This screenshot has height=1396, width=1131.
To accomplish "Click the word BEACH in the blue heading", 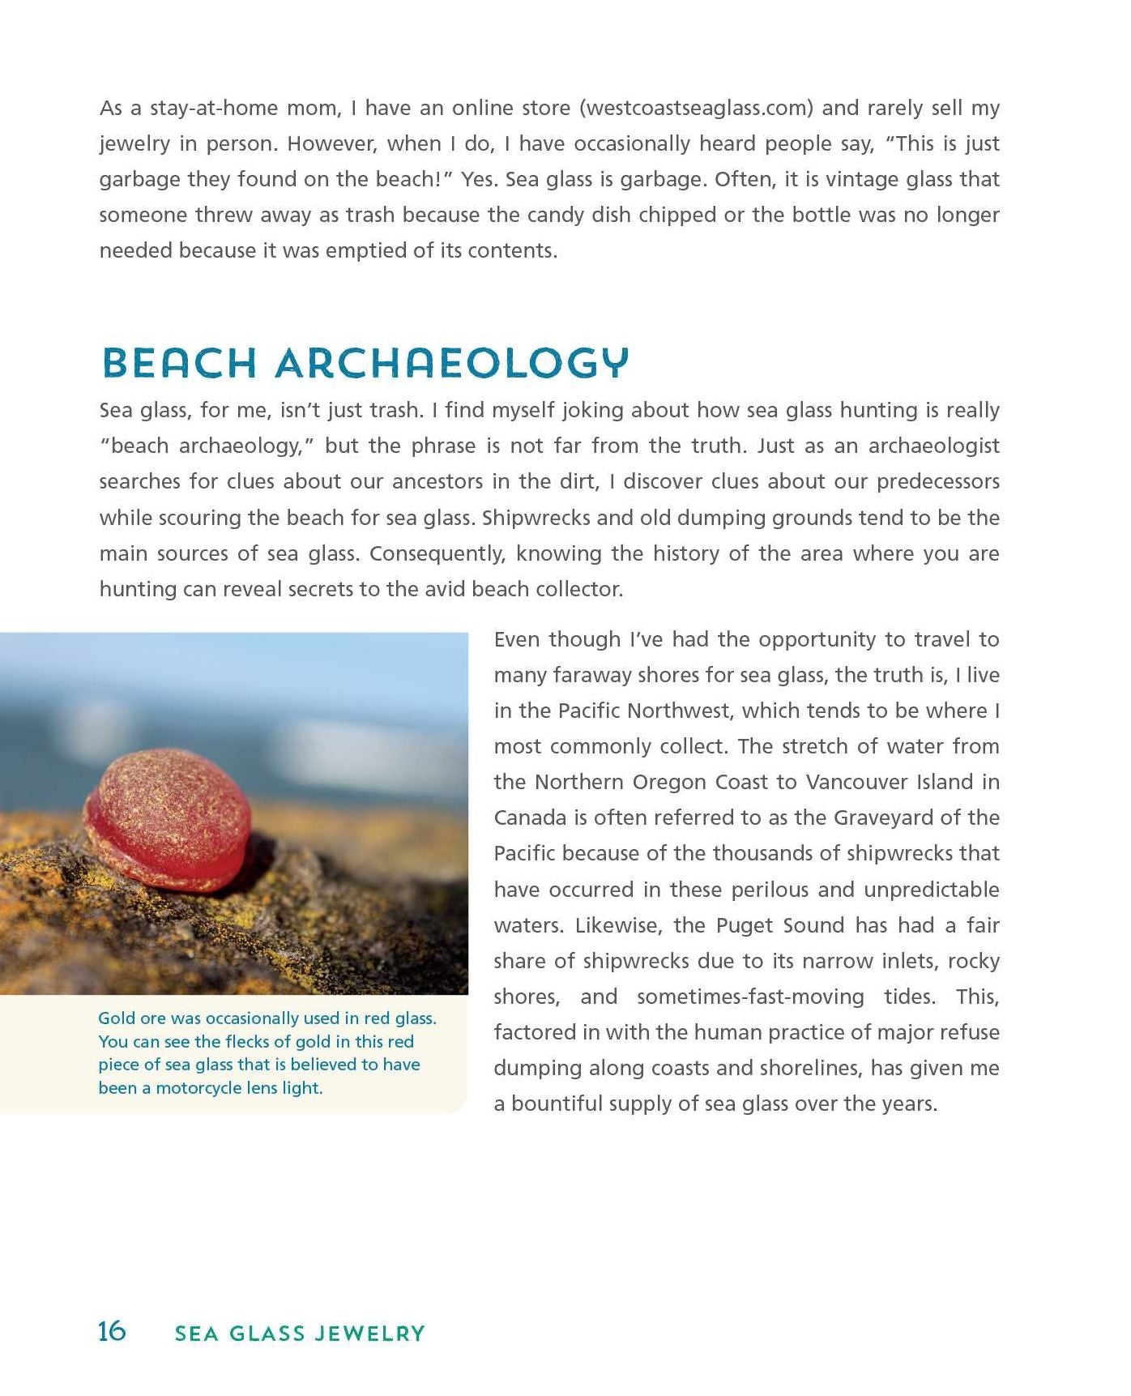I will coord(179,363).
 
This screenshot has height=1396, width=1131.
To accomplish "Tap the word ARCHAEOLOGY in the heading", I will coord(452,363).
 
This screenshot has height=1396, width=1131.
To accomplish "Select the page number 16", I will coord(112,1332).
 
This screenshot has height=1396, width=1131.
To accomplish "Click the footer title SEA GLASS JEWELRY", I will coord(300,1334).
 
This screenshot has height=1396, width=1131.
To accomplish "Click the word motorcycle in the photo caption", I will coord(197,1088).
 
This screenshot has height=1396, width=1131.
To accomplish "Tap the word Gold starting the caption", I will coord(117,1018).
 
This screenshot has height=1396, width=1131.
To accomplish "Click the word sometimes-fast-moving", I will coord(750,997).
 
